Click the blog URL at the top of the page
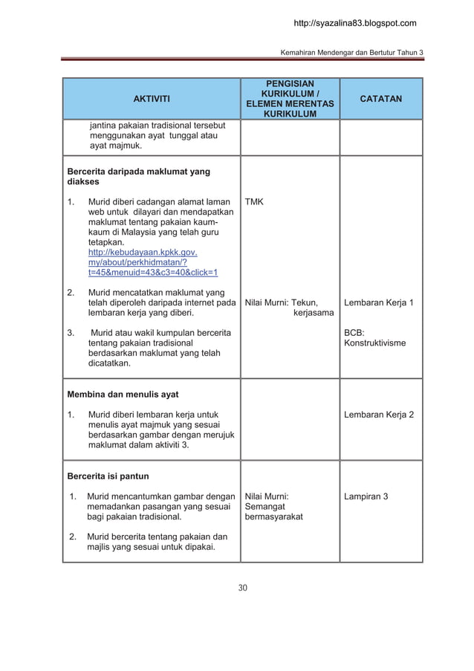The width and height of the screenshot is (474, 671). [x=355, y=24]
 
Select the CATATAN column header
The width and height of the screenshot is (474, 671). [x=381, y=98]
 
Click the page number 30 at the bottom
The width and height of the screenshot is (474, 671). [x=242, y=589]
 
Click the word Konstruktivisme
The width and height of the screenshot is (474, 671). [x=375, y=343]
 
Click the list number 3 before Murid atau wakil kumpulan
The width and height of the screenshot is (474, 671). [x=71, y=332]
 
